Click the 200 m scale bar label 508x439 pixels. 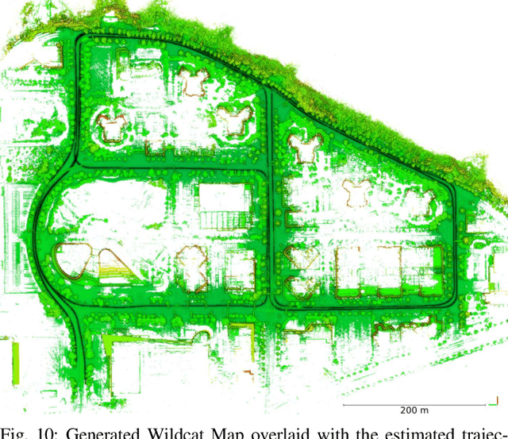pyautogui.click(x=414, y=410)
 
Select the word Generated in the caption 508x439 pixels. pyautogui.click(x=98, y=432)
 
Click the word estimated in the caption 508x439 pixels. pyautogui.click(x=418, y=432)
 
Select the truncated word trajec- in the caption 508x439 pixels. pyautogui.click(x=480, y=432)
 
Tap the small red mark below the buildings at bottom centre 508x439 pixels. pyautogui.click(x=247, y=372)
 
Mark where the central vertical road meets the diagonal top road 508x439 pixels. pyautogui.click(x=267, y=87)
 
